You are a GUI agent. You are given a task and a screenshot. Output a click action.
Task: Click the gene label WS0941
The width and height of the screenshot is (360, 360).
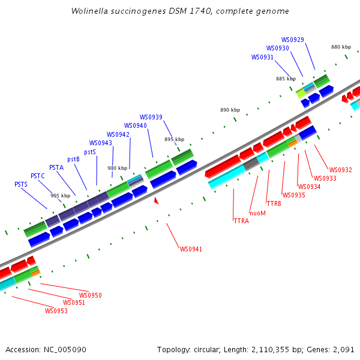coord(191,249)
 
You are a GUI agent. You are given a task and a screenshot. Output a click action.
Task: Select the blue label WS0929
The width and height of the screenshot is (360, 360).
coord(292,40)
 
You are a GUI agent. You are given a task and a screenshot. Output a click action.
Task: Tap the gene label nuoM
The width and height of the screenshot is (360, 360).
coord(257,212)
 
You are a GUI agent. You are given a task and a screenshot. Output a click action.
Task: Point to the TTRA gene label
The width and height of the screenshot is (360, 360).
coord(241,221)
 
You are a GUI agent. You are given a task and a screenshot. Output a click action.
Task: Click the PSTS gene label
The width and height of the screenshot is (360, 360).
coord(21,184)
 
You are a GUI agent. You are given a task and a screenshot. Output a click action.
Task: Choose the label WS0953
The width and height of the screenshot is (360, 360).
coord(56,311)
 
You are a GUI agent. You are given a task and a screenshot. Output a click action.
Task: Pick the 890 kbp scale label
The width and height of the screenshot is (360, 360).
coord(230,110)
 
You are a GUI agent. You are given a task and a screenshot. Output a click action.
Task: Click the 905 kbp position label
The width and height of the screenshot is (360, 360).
coord(60,196)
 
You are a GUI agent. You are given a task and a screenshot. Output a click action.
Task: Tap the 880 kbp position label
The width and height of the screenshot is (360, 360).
coord(341,47)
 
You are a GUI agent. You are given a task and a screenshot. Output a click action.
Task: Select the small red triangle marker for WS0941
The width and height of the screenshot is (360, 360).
coord(156,201)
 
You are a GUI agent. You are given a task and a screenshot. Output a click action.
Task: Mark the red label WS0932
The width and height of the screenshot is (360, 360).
coord(341,170)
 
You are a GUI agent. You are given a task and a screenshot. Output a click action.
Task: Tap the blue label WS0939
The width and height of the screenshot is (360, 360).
coord(151,117)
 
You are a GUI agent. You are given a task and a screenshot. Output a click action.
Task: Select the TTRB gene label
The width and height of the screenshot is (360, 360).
coord(274,203)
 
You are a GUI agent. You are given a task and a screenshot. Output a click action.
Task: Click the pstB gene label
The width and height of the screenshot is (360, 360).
coord(74,159)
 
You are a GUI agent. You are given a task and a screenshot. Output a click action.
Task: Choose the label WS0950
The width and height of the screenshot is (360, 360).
coord(91,295)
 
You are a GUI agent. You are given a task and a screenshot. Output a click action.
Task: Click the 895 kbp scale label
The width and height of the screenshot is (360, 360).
coord(174,139)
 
